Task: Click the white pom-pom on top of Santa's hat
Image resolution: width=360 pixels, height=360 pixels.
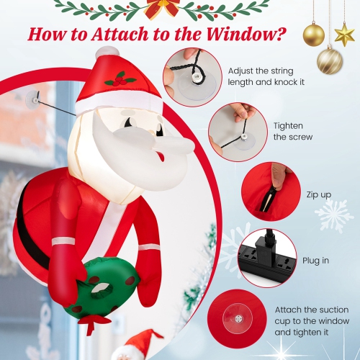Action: click(107, 53)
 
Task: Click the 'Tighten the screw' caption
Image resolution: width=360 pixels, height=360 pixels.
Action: click(292, 131)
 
